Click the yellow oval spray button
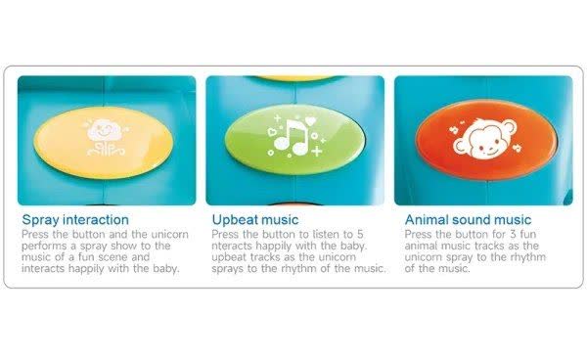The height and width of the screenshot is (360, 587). pyautogui.click(x=104, y=143)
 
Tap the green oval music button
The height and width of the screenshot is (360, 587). pyautogui.click(x=295, y=139)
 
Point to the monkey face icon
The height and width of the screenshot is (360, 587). pyautogui.click(x=485, y=139)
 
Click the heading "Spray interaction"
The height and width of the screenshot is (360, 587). pyautogui.click(x=75, y=219)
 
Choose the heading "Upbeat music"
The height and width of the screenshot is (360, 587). pyautogui.click(x=255, y=219)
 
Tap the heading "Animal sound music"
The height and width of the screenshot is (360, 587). pyautogui.click(x=468, y=219)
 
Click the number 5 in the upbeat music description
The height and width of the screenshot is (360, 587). pyautogui.click(x=360, y=234)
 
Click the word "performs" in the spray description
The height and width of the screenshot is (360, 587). pyautogui.click(x=40, y=247)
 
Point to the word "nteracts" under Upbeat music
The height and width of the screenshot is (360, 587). pyautogui.click(x=232, y=246)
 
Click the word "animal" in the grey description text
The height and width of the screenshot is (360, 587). pyautogui.click(x=421, y=246)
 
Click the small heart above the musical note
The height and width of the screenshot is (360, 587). pyautogui.click(x=310, y=121)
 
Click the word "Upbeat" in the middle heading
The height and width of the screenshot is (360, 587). pyautogui.click(x=235, y=220)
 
